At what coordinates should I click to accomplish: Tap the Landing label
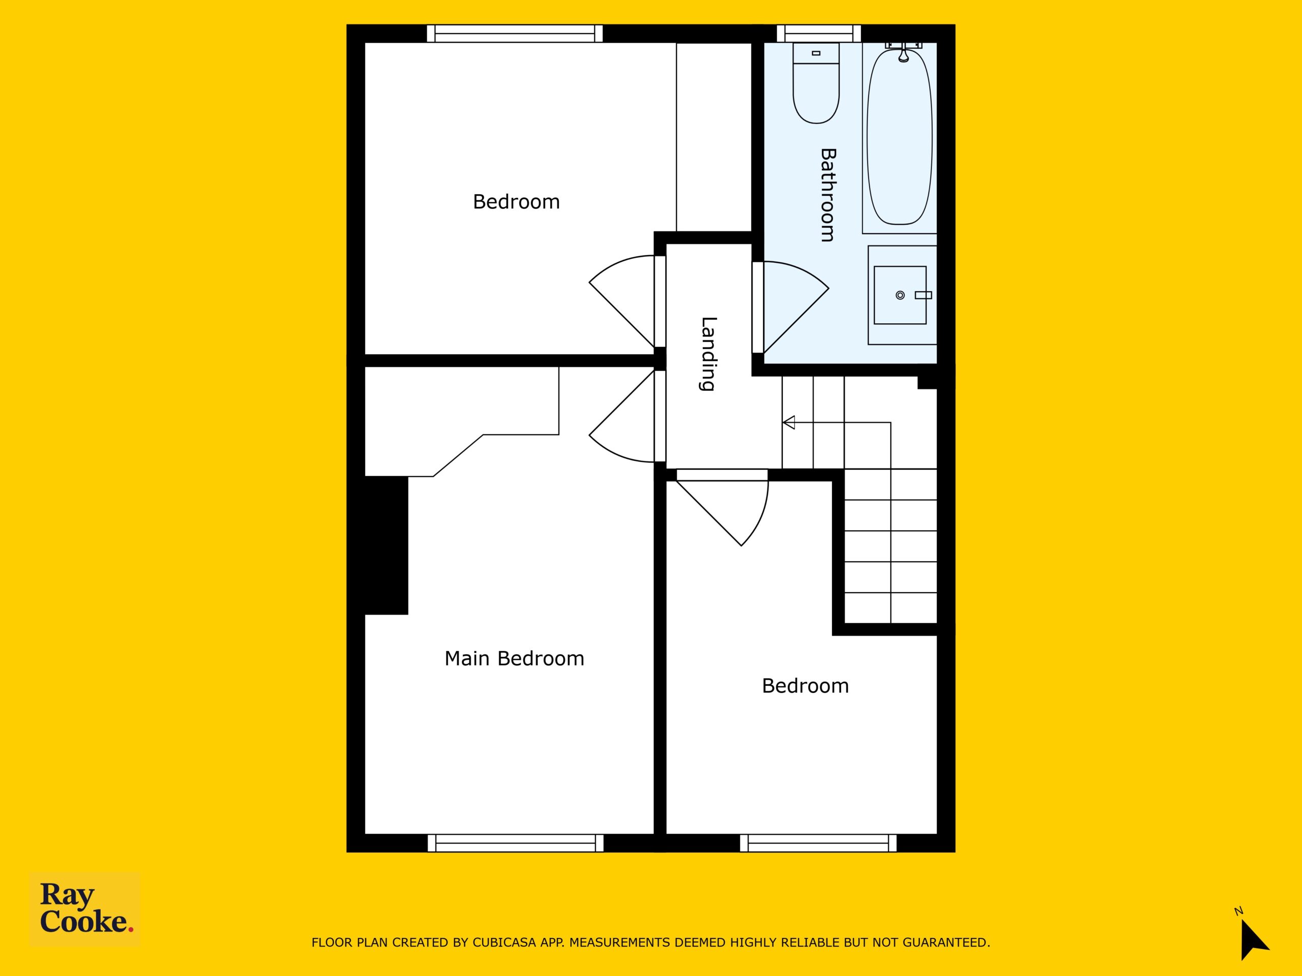click(708, 354)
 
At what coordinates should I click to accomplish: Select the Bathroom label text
click(827, 195)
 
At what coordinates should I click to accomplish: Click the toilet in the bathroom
click(816, 83)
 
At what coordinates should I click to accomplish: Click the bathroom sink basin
click(900, 295)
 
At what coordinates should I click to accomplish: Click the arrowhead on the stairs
click(789, 422)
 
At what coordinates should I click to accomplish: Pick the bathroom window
click(819, 33)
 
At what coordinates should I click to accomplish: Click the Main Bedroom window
click(516, 843)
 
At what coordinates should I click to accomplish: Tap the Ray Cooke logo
click(85, 908)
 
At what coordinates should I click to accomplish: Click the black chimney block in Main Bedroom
click(386, 545)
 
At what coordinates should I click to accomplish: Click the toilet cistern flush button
click(816, 53)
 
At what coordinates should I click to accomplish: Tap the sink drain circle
click(900, 295)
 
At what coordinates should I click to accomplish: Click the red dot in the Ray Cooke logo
click(131, 930)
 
